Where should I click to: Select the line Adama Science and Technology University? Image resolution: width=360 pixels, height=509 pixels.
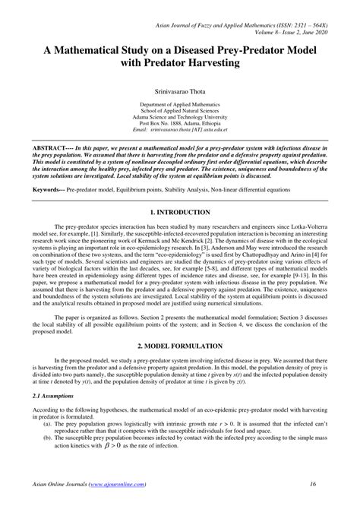[x=180, y=116]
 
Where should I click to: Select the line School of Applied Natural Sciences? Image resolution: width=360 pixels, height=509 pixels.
[x=180, y=109]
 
